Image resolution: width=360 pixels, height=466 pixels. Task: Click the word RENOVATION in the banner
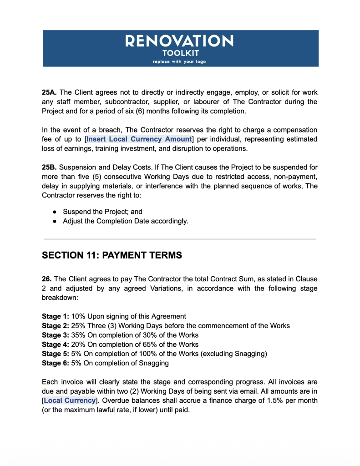coord(179,42)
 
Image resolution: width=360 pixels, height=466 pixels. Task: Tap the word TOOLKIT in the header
coord(180,53)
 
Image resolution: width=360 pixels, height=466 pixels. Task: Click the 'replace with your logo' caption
coord(179,62)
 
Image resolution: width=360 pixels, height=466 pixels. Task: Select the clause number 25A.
coord(49,92)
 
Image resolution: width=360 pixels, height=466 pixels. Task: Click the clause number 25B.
coord(49,167)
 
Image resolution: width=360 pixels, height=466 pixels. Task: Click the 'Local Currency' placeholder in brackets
coord(70,400)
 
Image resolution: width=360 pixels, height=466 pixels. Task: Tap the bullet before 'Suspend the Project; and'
coord(54,212)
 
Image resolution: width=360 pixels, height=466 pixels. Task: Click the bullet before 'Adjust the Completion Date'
coord(54,221)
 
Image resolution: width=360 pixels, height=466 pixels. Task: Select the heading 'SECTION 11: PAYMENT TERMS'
coord(112,256)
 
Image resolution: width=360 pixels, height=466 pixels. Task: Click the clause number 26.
coord(46,279)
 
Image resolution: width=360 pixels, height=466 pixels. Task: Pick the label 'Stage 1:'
coord(56,316)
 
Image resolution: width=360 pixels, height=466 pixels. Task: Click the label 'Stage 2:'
coord(56,326)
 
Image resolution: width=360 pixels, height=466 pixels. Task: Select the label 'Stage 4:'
coord(56,344)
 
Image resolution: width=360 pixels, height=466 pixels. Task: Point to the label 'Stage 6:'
coord(56,363)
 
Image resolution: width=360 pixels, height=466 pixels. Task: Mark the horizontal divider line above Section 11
coord(179,238)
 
